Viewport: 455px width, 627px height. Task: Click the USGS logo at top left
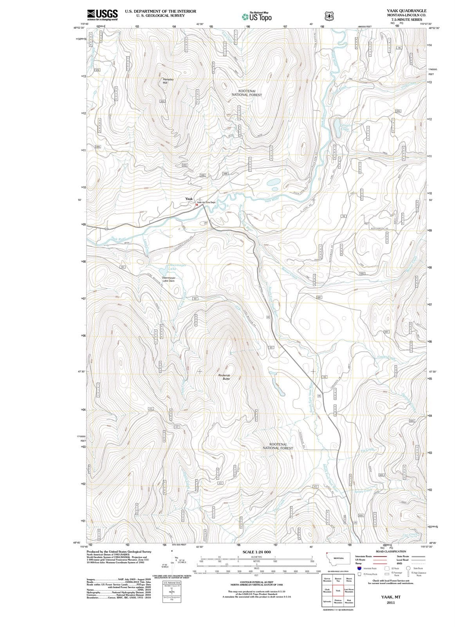click(103, 14)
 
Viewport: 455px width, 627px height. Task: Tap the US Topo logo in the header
click(257, 17)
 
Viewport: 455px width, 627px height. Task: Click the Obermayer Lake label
click(177, 267)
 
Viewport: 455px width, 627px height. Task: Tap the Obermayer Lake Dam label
click(169, 279)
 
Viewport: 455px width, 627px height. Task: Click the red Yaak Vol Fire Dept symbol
click(197, 204)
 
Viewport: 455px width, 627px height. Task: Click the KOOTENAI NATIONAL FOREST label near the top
click(247, 93)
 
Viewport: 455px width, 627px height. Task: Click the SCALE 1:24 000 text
click(256, 552)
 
